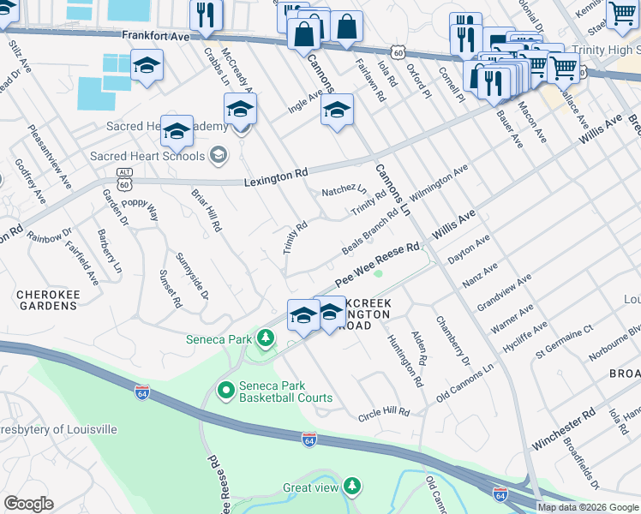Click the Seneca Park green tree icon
click(266, 339)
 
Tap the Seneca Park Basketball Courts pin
click(226, 391)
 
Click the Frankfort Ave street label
click(154, 36)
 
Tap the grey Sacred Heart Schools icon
click(219, 155)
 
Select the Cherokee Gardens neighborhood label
click(48, 300)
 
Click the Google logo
click(28, 504)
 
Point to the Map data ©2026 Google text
click(587, 507)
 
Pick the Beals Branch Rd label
click(368, 232)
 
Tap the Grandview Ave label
click(505, 291)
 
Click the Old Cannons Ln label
click(465, 382)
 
